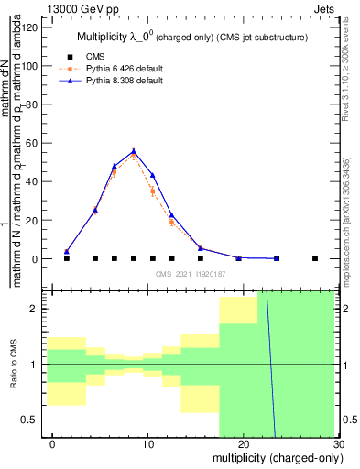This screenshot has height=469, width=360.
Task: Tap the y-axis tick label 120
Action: point(30,27)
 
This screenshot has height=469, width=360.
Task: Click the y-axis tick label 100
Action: point(30,66)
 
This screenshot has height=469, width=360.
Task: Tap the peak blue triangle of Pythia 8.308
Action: point(134,151)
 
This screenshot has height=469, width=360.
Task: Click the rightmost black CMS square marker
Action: point(314,258)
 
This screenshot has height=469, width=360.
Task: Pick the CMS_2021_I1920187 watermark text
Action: point(190,274)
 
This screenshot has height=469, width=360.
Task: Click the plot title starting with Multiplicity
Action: point(191,37)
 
